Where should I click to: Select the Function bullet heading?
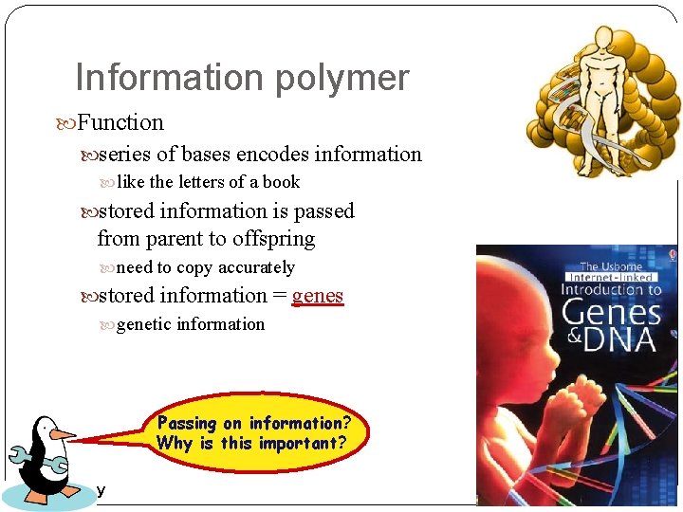120,122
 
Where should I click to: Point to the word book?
281,182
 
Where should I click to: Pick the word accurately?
256,267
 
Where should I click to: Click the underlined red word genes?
318,296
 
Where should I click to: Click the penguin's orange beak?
63,434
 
